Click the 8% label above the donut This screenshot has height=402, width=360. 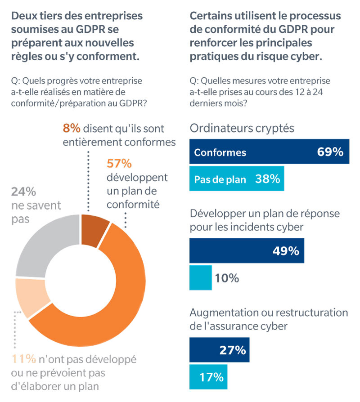point(72,128)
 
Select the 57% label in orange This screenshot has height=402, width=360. point(118,163)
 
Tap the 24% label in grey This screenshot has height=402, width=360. point(23,192)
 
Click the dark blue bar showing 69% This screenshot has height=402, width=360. point(269,152)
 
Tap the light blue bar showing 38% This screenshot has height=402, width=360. point(237,179)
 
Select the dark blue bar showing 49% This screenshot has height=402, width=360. point(247,251)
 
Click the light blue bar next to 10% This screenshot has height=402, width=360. point(201,278)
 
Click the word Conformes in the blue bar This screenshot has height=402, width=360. point(220,152)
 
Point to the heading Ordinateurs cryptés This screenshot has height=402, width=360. point(242,128)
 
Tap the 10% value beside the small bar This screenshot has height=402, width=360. point(226,278)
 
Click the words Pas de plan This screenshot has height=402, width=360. point(220,179)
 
